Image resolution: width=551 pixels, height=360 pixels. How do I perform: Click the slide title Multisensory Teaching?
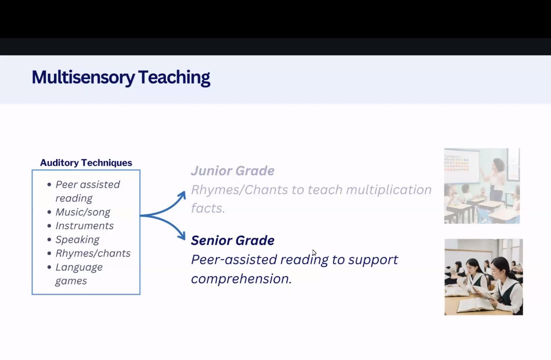(121, 77)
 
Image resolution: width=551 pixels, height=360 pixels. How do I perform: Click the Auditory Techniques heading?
(86, 163)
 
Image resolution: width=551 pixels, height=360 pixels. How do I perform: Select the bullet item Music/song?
(83, 212)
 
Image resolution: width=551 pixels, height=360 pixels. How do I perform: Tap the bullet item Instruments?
(85, 225)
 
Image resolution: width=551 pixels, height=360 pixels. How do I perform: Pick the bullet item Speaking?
(77, 240)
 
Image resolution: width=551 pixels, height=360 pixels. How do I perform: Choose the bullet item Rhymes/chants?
(93, 253)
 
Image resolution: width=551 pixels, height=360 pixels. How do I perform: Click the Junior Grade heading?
(233, 171)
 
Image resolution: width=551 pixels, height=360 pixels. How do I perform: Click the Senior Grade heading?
(233, 240)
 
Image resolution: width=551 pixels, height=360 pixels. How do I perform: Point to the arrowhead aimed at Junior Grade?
(182, 195)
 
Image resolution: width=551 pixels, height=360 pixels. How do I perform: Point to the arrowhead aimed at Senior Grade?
(182, 235)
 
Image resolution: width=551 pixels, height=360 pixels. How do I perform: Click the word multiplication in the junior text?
(389, 190)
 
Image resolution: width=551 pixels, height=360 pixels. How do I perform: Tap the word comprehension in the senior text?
(242, 279)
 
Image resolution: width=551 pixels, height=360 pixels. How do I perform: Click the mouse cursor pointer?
(314, 253)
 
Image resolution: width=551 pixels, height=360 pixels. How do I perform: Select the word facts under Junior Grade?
(208, 208)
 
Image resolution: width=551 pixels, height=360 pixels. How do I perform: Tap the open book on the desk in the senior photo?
(475, 304)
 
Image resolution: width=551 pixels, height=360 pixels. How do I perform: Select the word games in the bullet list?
(71, 281)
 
